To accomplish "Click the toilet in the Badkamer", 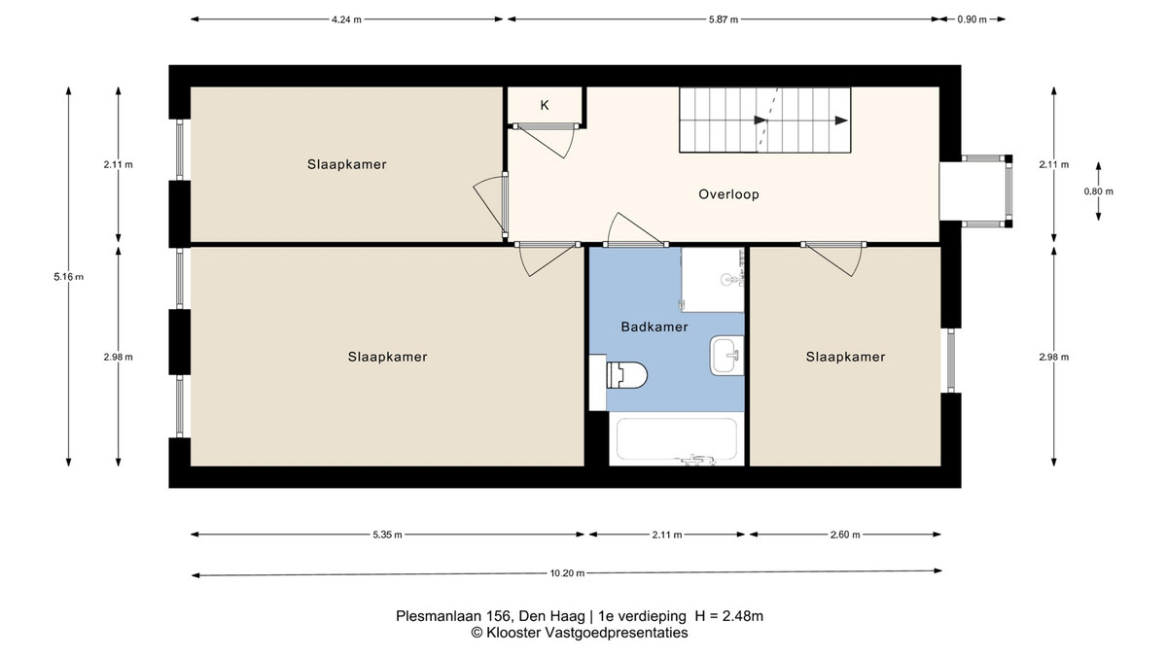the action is (x=626, y=375).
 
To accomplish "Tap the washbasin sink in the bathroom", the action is (x=726, y=356).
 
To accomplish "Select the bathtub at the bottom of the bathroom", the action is (x=677, y=440).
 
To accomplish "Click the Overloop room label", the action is (x=728, y=194).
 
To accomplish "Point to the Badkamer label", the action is (x=654, y=327).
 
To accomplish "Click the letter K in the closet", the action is (x=545, y=106).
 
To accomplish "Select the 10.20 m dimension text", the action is (x=567, y=573).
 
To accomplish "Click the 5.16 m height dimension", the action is (x=68, y=277).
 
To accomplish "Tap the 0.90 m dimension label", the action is (x=972, y=19).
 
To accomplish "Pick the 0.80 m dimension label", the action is (x=1099, y=191).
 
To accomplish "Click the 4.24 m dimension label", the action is (x=346, y=19).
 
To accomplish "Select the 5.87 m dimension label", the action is (x=724, y=19).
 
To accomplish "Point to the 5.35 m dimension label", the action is (x=387, y=535).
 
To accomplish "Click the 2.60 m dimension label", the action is (x=845, y=535).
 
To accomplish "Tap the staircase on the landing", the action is (x=764, y=120).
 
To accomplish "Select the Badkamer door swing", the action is (x=636, y=229).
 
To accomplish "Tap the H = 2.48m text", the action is (x=728, y=616).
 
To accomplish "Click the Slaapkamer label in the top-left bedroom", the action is (x=347, y=164).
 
